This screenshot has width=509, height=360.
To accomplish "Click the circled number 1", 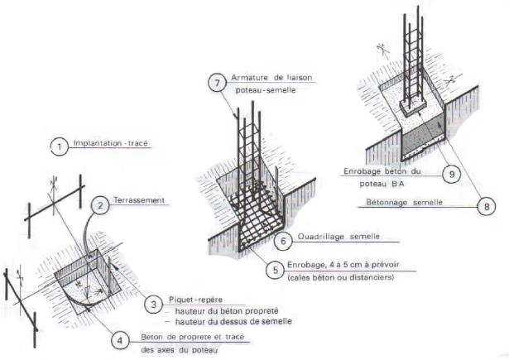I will pyautogui.click(x=59, y=147).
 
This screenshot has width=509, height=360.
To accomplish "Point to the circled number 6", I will pyautogui.click(x=282, y=239).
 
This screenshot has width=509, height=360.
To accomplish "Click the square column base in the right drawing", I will pyautogui.click(x=413, y=106).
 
